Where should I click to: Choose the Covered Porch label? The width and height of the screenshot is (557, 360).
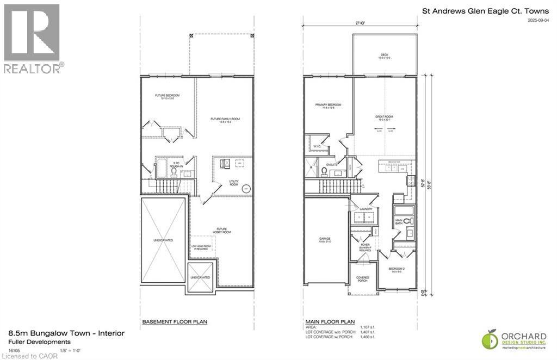pyautogui.click(x=363, y=278)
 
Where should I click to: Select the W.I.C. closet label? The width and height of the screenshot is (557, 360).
pyautogui.click(x=318, y=146)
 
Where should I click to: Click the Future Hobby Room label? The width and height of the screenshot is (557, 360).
pyautogui.click(x=222, y=231)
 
